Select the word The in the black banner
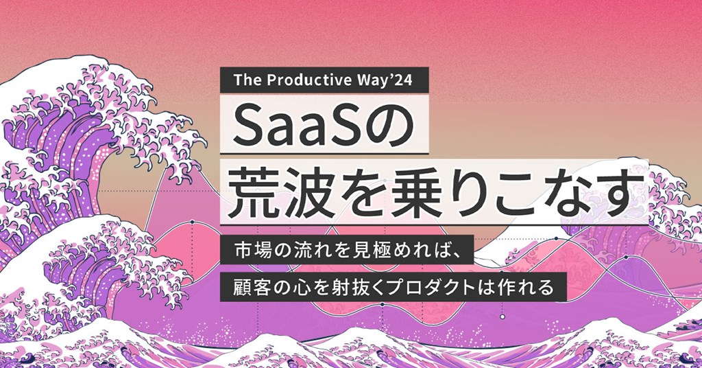click(x=246, y=80)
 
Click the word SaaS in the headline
click(x=306, y=126)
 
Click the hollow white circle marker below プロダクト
click(x=503, y=317)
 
